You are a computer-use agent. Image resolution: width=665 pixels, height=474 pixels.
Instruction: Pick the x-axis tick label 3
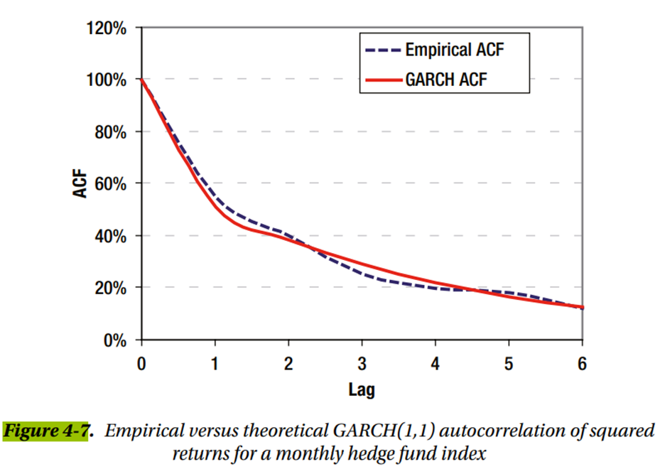[x=362, y=364]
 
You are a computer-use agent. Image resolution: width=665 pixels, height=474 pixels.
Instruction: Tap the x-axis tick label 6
[x=582, y=364]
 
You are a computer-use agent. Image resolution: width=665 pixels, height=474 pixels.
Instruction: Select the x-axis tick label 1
[x=215, y=364]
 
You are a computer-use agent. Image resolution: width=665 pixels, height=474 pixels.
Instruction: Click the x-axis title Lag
[x=361, y=389]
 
